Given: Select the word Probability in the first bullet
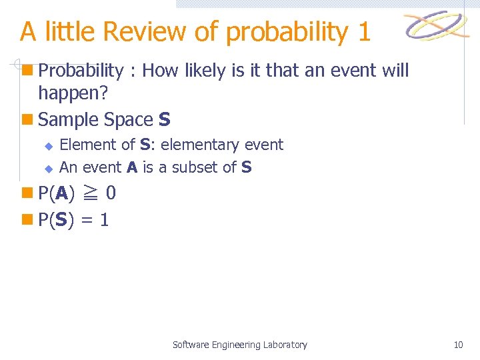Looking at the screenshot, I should [x=81, y=71].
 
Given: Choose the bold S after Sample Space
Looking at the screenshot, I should [x=165, y=120].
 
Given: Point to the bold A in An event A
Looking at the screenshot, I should [x=131, y=167].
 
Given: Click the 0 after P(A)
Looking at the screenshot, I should [x=111, y=193].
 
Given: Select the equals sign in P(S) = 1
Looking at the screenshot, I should [x=86, y=220].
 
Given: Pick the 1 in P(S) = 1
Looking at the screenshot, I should [x=104, y=220].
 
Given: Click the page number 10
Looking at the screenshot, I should [x=458, y=345].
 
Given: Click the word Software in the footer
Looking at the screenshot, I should [x=191, y=345].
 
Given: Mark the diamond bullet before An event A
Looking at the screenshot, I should [x=48, y=168].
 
